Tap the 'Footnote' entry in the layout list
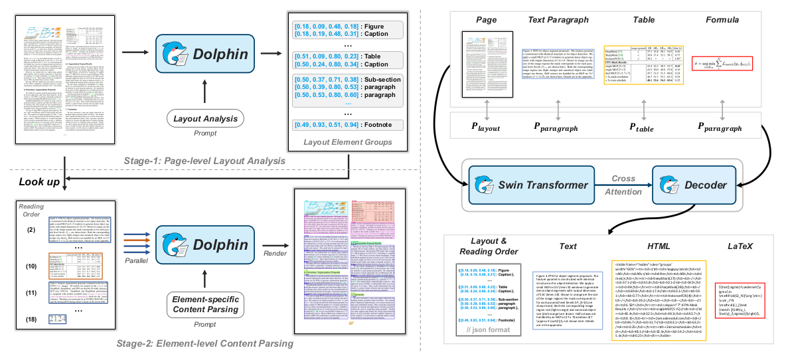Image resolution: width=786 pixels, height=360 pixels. [x=357, y=124]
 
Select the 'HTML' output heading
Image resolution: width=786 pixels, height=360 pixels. [x=640, y=246]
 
